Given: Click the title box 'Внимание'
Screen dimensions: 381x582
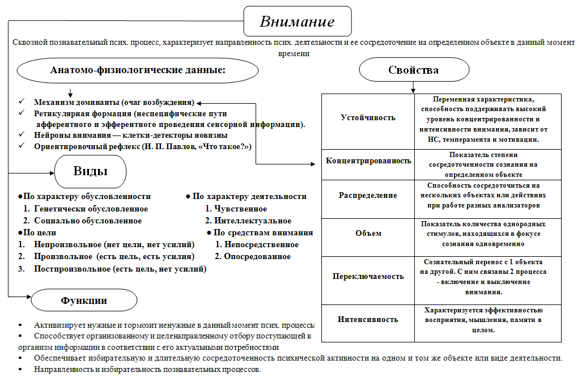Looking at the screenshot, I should pyautogui.click(x=298, y=22).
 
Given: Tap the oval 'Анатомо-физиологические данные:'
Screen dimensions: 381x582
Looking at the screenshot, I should pyautogui.click(x=138, y=71).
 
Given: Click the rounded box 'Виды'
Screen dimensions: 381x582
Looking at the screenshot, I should pyautogui.click(x=91, y=172).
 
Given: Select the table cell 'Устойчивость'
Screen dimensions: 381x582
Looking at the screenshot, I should pyautogui.click(x=368, y=118).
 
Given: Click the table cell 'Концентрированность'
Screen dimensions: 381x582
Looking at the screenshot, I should pyautogui.click(x=368, y=160).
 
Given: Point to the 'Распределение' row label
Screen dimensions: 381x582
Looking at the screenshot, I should pyautogui.click(x=368, y=195).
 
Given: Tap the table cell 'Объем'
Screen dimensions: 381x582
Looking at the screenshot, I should pyautogui.click(x=368, y=233).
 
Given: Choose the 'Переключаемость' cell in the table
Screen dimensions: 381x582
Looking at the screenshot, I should pyautogui.click(x=368, y=276).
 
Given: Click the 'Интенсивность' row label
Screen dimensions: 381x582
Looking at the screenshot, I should pyautogui.click(x=368, y=319).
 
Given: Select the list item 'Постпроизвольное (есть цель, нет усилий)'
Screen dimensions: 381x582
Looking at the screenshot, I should pyautogui.click(x=120, y=269).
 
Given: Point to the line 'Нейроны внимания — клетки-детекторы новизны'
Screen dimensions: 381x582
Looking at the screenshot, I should pyautogui.click(x=130, y=136).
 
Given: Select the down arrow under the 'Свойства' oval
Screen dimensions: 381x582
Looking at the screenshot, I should pyautogui.click(x=413, y=88).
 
